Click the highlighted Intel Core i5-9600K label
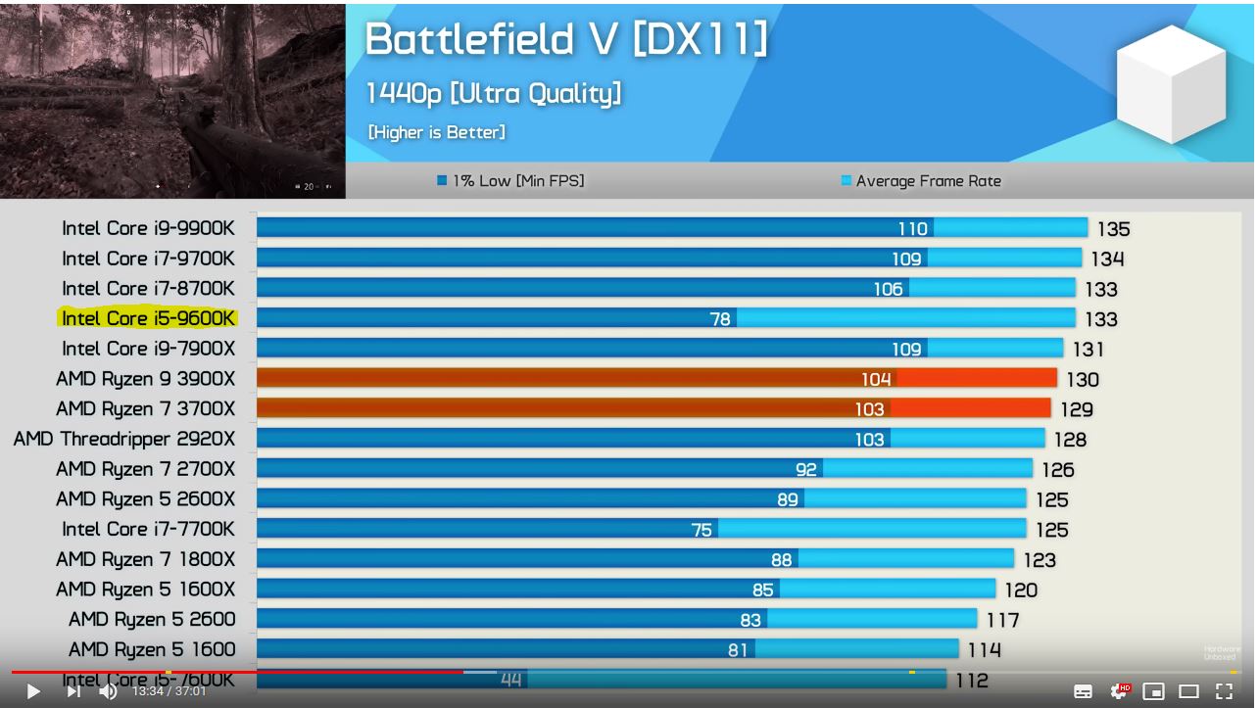pyautogui.click(x=148, y=318)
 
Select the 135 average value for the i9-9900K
pyautogui.click(x=1113, y=229)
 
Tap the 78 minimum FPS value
pyautogui.click(x=720, y=319)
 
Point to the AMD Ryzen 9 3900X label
pyautogui.click(x=145, y=379)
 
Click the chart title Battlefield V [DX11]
pyautogui.click(x=566, y=39)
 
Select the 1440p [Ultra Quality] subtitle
pyautogui.click(x=493, y=93)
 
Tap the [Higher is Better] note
pyautogui.click(x=436, y=132)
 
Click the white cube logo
pyautogui.click(x=1171, y=84)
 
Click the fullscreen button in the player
pyautogui.click(x=1224, y=691)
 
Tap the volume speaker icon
pyautogui.click(x=108, y=691)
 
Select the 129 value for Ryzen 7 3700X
pyautogui.click(x=1077, y=409)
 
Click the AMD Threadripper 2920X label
pyautogui.click(x=124, y=439)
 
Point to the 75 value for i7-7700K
pyautogui.click(x=702, y=530)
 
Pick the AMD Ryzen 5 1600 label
pyautogui.click(x=152, y=649)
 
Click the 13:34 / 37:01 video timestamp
pyautogui.click(x=169, y=691)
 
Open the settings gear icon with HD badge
pyautogui.click(x=1119, y=691)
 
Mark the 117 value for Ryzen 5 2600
pyautogui.click(x=1002, y=620)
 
